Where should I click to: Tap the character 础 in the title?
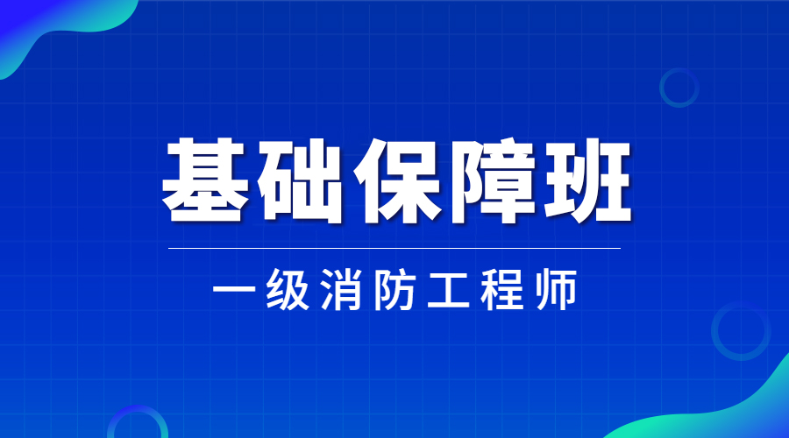click(300, 180)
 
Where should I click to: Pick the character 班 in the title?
click(586, 180)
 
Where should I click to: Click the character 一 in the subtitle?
click(234, 290)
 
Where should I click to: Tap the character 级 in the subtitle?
click(288, 289)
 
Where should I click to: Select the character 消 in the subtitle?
click(342, 289)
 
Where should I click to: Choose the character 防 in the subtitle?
click(394, 289)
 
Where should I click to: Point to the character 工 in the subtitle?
click(448, 290)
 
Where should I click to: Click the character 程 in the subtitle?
click(502, 289)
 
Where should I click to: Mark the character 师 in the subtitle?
click(556, 289)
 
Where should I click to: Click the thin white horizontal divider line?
click(394, 248)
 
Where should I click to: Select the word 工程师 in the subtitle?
click(502, 290)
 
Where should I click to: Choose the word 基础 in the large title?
click(252, 180)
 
